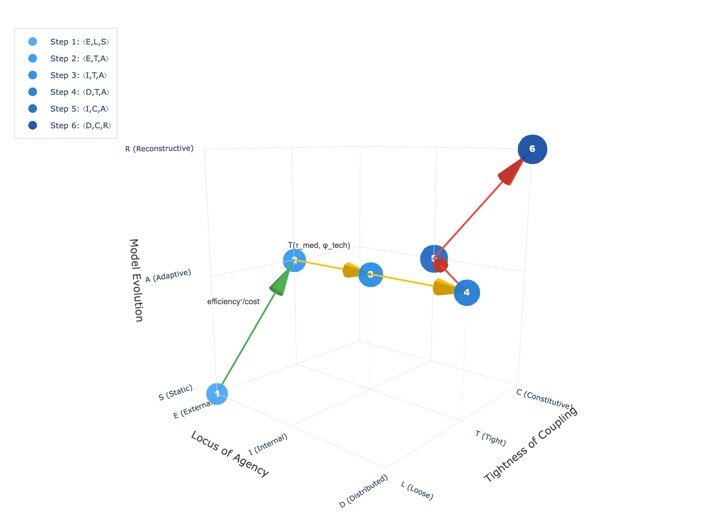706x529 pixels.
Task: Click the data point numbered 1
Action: point(217,394)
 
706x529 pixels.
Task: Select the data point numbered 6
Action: point(532,149)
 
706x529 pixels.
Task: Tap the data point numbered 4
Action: point(467,293)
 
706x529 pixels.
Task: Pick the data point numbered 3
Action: point(371,275)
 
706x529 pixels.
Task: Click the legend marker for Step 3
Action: point(33,75)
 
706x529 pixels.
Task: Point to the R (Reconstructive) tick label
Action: point(159,149)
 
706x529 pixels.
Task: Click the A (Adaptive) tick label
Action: point(168,276)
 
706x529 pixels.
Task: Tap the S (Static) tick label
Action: point(176,393)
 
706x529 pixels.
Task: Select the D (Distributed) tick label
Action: point(363,492)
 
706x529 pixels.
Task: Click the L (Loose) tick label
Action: point(417,491)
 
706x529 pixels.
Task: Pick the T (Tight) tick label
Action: point(490,438)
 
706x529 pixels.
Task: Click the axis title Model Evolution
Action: point(136,280)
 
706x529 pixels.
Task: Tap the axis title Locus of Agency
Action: point(229,454)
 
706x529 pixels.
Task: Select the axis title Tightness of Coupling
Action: point(530,444)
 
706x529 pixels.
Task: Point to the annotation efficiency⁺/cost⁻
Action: point(234,302)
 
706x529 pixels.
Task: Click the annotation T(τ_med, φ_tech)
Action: point(319,245)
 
